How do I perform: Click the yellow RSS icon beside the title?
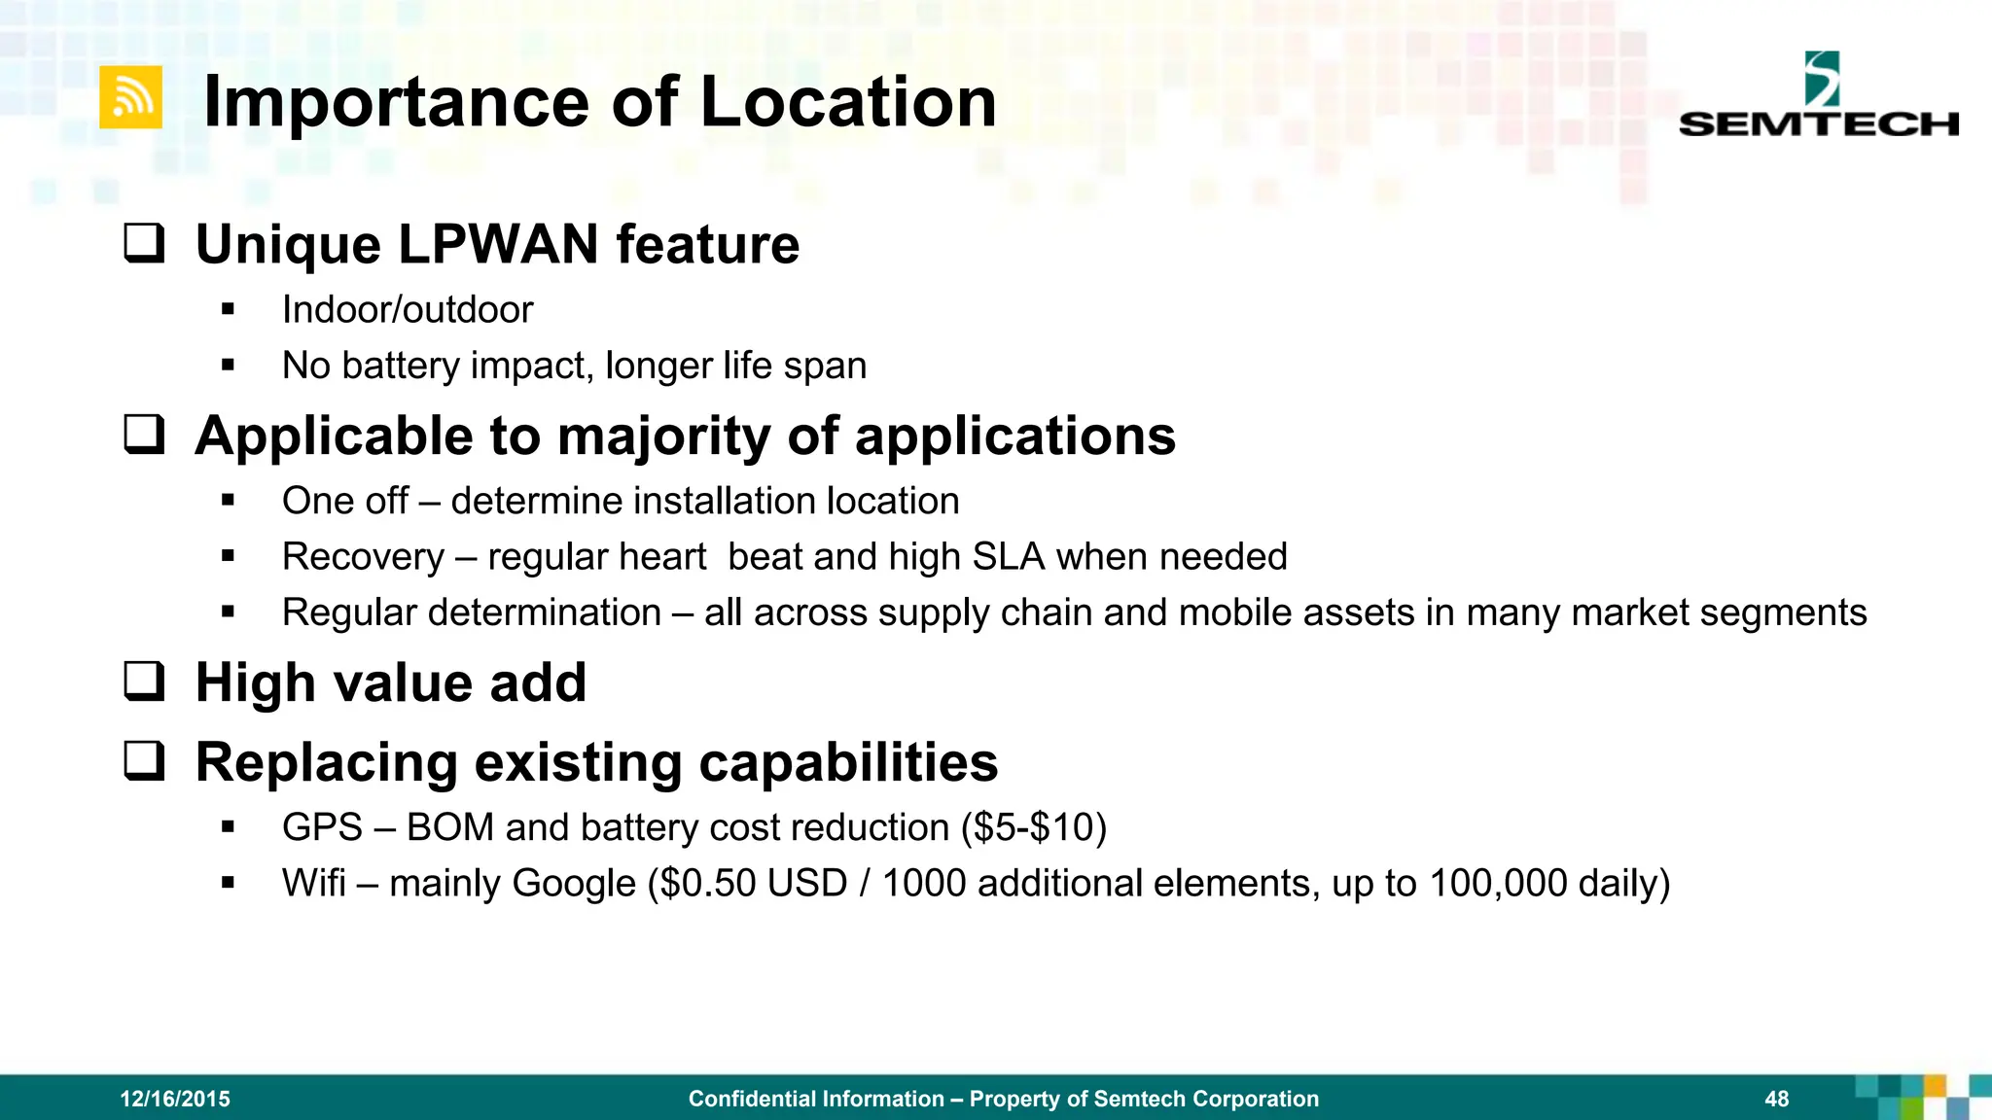[x=130, y=98]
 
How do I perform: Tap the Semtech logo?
[x=1818, y=97]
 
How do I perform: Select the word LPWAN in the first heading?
[x=498, y=244]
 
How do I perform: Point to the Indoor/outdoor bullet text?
[x=408, y=310]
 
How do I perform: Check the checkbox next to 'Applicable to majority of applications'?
[x=144, y=435]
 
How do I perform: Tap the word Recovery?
[x=363, y=557]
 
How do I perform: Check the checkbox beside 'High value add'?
[x=144, y=682]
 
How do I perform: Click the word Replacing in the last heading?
[x=326, y=761]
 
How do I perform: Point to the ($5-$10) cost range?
[x=1033, y=827]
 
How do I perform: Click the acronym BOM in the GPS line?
[x=449, y=827]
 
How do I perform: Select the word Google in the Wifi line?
[x=574, y=883]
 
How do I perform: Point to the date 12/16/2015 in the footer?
[x=175, y=1099]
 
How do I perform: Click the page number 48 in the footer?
[x=1776, y=1099]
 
